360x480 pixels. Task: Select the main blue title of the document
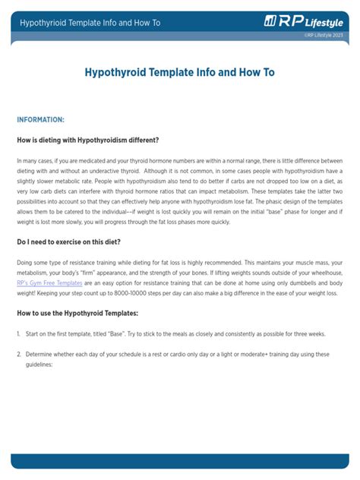tap(179, 73)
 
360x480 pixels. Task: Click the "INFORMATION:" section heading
tap(40, 120)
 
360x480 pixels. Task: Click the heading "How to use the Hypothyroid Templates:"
tap(77, 313)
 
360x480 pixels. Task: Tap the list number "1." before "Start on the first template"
tap(18, 334)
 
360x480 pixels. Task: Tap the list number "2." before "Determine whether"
tap(18, 354)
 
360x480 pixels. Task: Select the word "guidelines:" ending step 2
tap(40, 364)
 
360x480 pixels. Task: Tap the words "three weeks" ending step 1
tap(308, 334)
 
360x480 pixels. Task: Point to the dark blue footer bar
tap(179, 460)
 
